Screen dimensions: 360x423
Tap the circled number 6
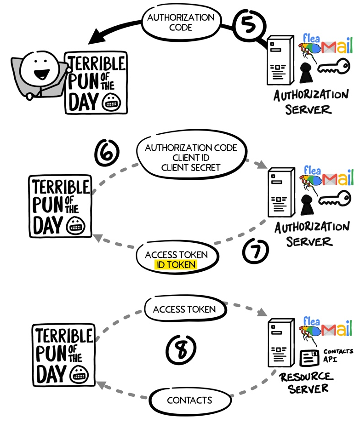click(x=107, y=153)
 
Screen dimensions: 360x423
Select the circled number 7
click(x=256, y=251)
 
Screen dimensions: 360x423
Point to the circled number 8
click(x=181, y=349)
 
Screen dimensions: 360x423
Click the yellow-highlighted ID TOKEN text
click(x=176, y=265)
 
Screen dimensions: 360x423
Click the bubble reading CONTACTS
click(x=190, y=400)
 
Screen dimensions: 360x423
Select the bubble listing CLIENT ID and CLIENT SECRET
click(x=191, y=156)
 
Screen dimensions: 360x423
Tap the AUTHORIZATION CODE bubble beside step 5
click(x=181, y=22)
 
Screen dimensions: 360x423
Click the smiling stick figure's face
click(x=40, y=69)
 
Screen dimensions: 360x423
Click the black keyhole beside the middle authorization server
click(x=306, y=205)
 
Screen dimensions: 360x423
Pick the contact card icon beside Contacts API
click(x=309, y=358)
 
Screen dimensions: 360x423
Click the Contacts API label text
click(x=337, y=355)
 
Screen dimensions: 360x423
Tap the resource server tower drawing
click(x=280, y=343)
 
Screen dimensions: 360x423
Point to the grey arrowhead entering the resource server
click(x=262, y=313)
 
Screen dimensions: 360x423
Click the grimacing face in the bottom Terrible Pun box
click(x=79, y=375)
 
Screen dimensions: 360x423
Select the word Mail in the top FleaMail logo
click(x=337, y=46)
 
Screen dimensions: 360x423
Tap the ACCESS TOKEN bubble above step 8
click(x=185, y=309)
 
